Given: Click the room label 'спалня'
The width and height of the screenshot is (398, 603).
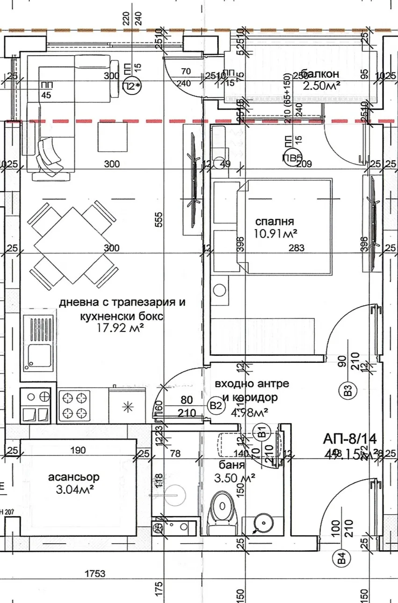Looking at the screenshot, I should click(275, 221).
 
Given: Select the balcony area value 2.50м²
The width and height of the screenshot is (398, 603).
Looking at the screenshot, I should click(321, 85).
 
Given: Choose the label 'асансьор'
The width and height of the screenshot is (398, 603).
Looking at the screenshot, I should click(74, 477).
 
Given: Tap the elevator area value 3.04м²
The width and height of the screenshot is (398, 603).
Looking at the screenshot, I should click(74, 489).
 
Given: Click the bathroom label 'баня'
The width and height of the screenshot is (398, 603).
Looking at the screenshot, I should click(232, 466).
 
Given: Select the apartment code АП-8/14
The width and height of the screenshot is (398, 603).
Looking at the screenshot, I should click(350, 438).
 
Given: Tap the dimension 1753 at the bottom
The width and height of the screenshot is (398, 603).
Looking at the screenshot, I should click(95, 574).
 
